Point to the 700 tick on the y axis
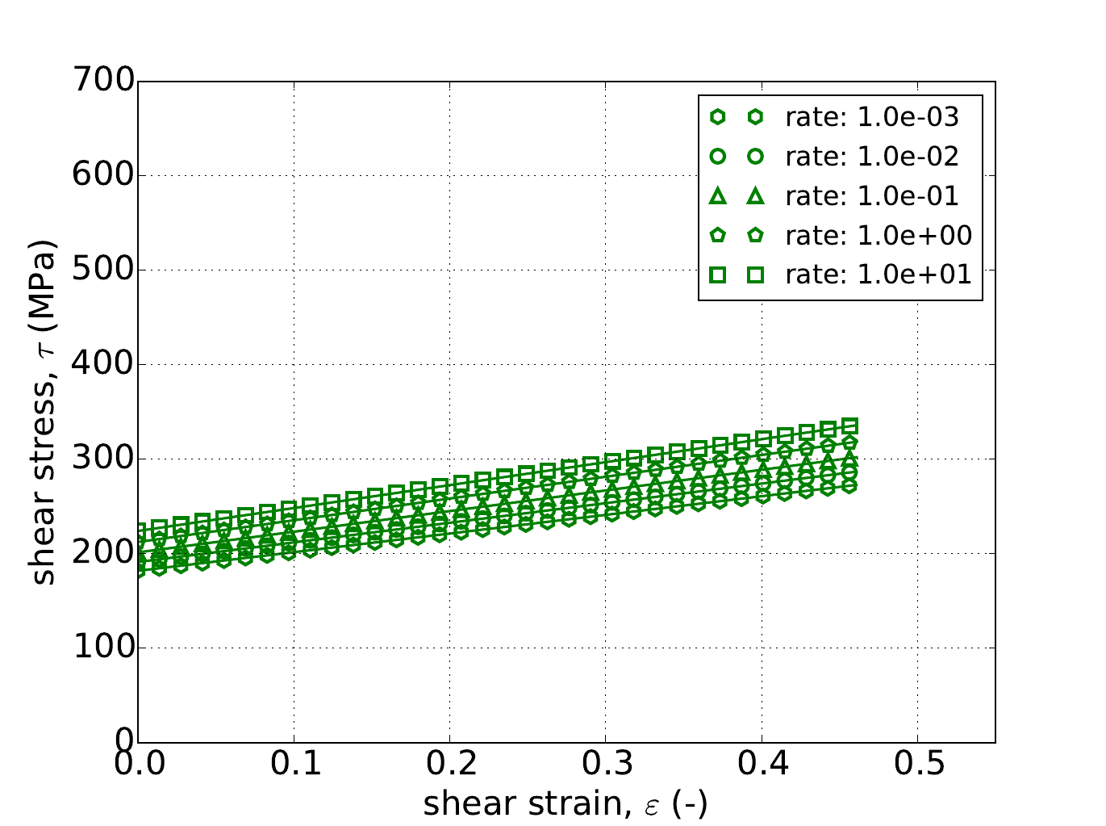[x=102, y=81]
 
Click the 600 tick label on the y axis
[x=102, y=175]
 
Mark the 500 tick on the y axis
[x=102, y=270]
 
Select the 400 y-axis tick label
[x=102, y=364]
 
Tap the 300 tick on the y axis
[x=102, y=459]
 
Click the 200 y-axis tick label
[x=102, y=553]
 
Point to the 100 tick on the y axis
[x=102, y=648]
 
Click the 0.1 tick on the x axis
[x=294, y=764]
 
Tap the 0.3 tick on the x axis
[x=606, y=764]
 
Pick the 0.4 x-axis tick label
[x=762, y=764]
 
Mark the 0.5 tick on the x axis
[x=918, y=764]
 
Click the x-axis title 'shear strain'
[x=565, y=803]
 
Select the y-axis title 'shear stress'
[x=44, y=412]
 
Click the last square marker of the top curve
[x=849, y=426]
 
